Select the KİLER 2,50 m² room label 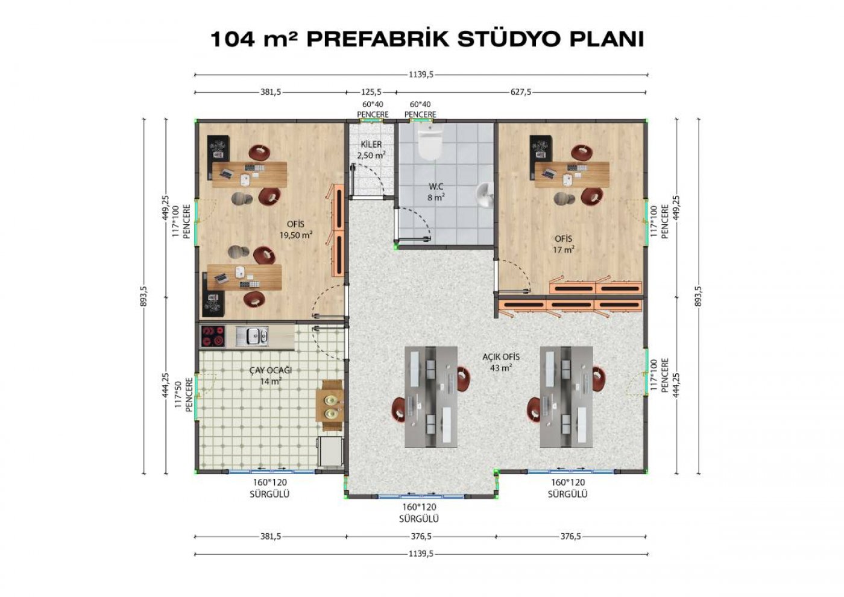tap(371, 150)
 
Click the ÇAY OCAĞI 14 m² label tap(271, 376)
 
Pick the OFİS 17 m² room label tap(563, 244)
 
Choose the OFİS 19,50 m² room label tap(296, 230)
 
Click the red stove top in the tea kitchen tap(212, 336)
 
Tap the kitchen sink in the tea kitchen tap(252, 336)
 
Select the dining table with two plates tap(330, 405)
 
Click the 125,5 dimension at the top tap(371, 92)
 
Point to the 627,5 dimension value tap(521, 92)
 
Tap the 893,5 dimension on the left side tap(143, 296)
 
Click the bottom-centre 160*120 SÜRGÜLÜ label tap(419, 513)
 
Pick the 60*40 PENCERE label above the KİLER tap(373, 109)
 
